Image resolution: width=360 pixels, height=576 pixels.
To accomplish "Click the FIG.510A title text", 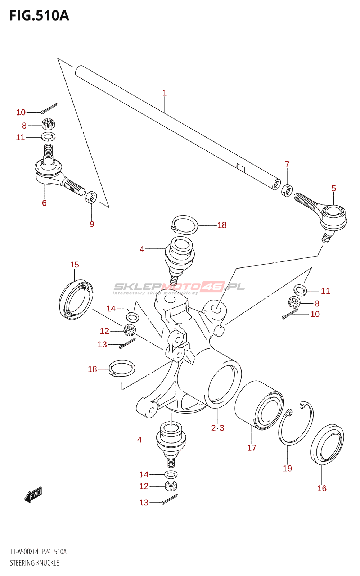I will [39, 16].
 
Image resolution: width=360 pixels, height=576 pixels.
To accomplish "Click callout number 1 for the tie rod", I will [165, 93].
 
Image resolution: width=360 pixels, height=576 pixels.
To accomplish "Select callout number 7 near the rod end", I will [287, 165].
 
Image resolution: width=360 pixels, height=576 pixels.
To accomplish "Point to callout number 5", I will [334, 188].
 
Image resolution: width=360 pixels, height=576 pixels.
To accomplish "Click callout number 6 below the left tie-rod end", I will [44, 203].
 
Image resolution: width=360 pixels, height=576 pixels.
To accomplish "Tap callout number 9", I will [92, 224].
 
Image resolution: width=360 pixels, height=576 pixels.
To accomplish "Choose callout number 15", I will [75, 265].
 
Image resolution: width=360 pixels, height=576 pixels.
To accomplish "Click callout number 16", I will [322, 488].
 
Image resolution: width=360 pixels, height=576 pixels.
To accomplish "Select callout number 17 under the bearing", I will [252, 447].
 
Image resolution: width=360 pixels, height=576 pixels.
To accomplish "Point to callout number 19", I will [287, 468].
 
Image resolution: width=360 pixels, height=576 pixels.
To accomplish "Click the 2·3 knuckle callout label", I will [217, 428].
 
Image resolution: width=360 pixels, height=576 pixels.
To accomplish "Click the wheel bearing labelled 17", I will [259, 405].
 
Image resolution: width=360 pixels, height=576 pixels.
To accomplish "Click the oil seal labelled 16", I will [327, 444].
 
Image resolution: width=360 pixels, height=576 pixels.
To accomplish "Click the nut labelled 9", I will [91, 197].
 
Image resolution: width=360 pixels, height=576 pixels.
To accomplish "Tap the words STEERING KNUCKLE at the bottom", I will [35, 563].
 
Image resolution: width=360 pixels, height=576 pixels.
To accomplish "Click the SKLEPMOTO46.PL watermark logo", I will [179, 287].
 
